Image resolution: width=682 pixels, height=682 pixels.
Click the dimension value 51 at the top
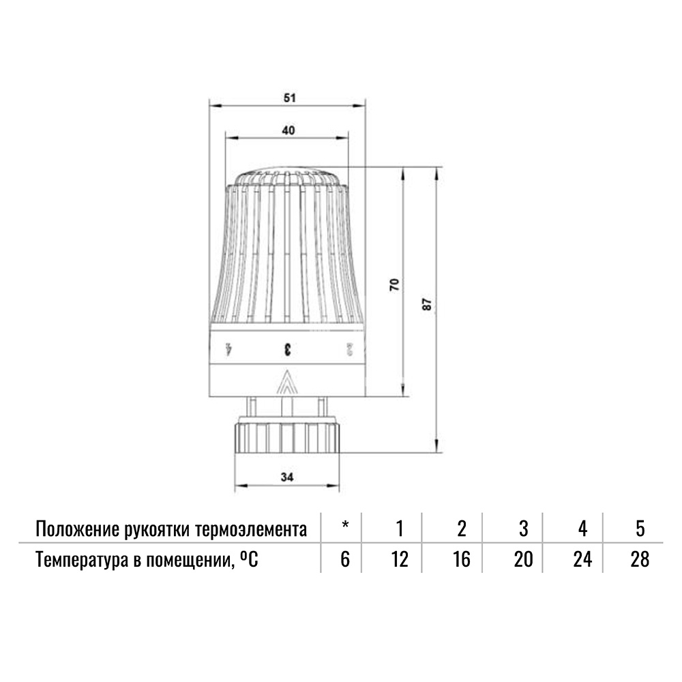(x=289, y=98)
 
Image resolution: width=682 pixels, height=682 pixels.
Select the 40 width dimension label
(x=288, y=130)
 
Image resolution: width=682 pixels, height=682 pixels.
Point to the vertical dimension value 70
(x=394, y=285)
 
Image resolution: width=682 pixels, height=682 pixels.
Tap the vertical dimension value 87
(x=428, y=304)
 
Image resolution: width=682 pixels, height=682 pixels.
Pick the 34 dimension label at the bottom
(x=287, y=477)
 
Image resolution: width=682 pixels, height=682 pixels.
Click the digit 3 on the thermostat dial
(x=287, y=349)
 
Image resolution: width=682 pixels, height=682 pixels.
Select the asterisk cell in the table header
(x=345, y=524)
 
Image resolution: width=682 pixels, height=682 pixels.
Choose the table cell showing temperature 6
(x=345, y=559)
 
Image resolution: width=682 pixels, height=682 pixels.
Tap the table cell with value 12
(x=400, y=559)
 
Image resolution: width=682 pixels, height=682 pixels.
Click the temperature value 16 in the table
(x=461, y=559)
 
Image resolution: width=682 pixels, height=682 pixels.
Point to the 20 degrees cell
(x=523, y=559)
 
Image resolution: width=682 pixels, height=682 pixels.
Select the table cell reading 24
(x=583, y=559)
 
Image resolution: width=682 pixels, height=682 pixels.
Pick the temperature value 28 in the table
(x=640, y=559)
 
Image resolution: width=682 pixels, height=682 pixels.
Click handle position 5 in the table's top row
(x=640, y=529)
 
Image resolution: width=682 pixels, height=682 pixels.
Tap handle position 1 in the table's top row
(x=400, y=529)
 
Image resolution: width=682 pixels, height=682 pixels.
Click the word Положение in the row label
(x=78, y=529)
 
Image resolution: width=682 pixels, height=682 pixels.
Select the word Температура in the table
(x=81, y=561)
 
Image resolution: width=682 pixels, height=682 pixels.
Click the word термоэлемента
(x=252, y=530)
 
